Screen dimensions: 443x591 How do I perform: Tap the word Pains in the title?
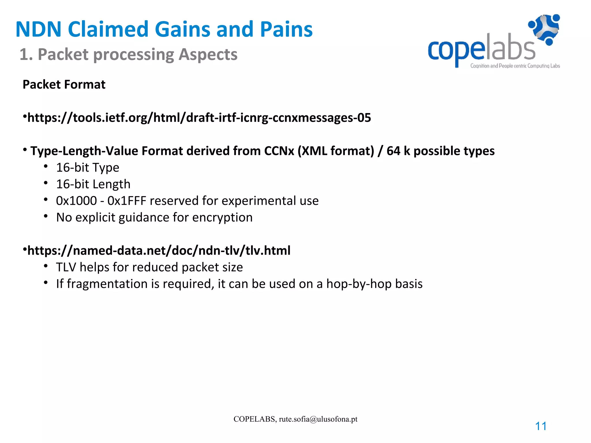[x=286, y=29]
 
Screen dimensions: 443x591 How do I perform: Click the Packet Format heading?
[x=64, y=85]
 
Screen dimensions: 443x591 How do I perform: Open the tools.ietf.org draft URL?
[x=199, y=118]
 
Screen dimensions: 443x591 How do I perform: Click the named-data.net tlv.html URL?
[x=158, y=250]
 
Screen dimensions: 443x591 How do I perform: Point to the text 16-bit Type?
[x=87, y=168]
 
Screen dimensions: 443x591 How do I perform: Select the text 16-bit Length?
[x=93, y=184]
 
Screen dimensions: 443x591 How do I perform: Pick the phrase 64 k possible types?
[x=440, y=151]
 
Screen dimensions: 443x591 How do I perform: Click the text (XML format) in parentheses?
[x=336, y=151]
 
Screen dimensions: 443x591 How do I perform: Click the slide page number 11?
[x=540, y=426]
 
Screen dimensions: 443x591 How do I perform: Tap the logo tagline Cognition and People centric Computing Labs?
[x=515, y=66]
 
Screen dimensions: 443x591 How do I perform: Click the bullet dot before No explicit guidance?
[x=46, y=216]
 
